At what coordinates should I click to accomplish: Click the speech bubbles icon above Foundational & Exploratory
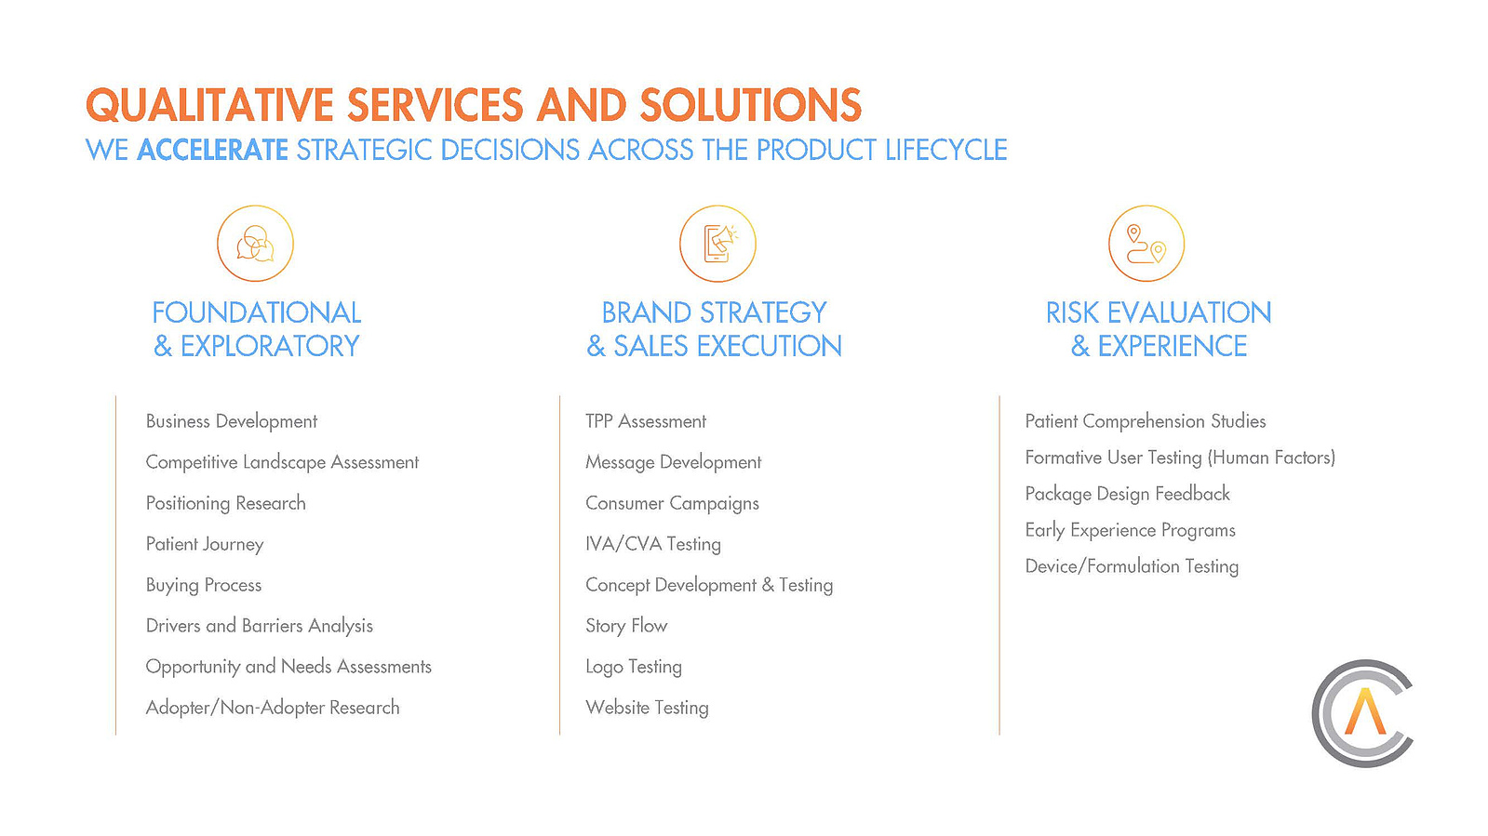[x=255, y=244]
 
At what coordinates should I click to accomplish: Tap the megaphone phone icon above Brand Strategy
[x=717, y=244]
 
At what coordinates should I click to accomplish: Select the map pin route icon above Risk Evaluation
[x=1146, y=244]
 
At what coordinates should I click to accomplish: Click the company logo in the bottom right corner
[x=1361, y=713]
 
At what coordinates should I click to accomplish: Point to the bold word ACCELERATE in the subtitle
[x=212, y=150]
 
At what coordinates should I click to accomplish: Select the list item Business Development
[x=231, y=421]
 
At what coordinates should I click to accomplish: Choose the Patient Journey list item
[x=205, y=545]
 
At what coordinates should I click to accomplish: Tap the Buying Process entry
[x=203, y=585]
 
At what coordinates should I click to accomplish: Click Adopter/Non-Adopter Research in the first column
[x=273, y=708]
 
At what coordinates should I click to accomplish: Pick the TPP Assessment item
[x=646, y=421]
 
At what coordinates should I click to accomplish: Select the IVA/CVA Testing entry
[x=653, y=545]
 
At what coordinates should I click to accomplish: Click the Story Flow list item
[x=626, y=626]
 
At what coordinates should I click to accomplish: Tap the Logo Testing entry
[x=634, y=667]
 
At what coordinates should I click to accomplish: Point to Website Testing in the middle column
[x=647, y=708]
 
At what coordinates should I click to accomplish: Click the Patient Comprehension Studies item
[x=1146, y=421]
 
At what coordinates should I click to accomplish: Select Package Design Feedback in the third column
[x=1127, y=494]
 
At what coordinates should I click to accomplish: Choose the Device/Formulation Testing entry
[x=1132, y=566]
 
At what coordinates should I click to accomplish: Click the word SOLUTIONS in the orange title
[x=751, y=105]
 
